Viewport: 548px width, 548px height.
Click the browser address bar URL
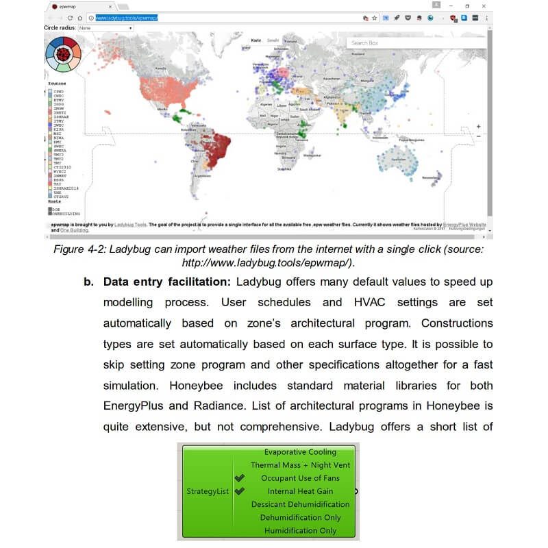[x=127, y=18]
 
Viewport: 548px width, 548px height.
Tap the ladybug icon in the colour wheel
[x=63, y=53]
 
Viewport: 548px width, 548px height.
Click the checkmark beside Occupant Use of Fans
[x=239, y=478]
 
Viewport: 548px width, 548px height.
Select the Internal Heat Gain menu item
[x=300, y=491]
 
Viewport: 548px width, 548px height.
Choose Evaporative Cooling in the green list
[x=300, y=452]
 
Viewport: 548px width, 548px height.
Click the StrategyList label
[x=208, y=491]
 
